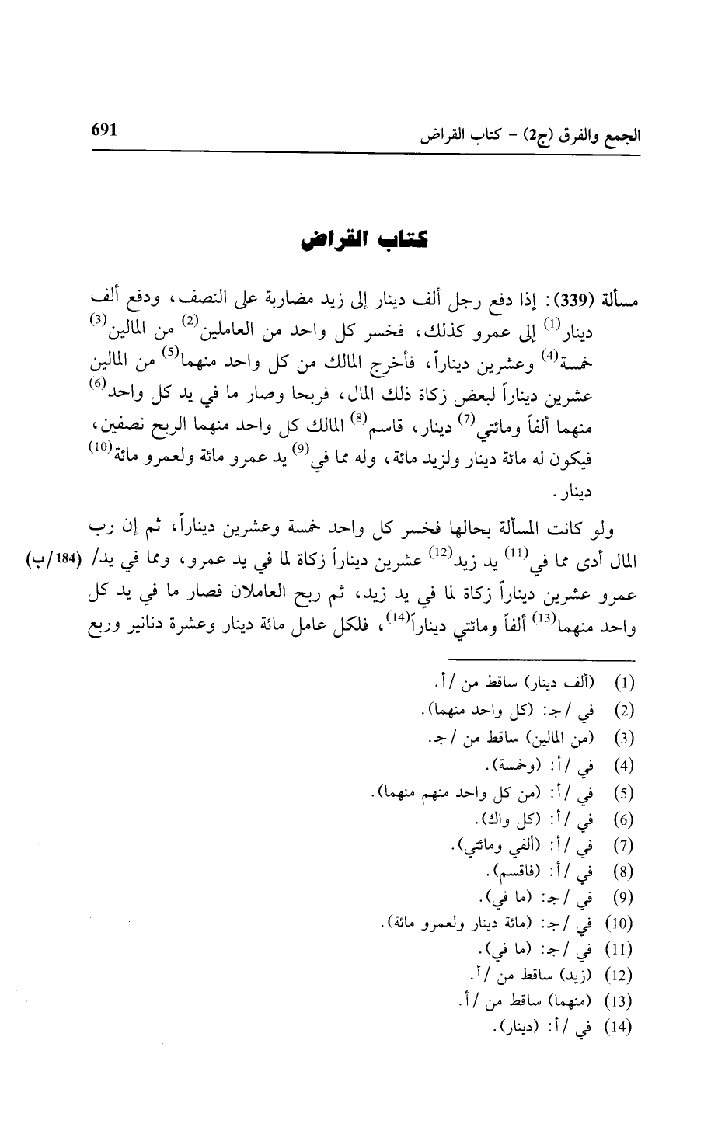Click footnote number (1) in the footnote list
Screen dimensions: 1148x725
(625, 685)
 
